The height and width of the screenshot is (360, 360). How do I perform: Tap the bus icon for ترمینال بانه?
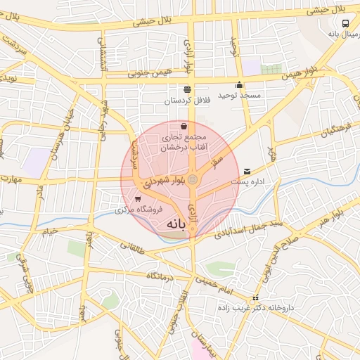345,23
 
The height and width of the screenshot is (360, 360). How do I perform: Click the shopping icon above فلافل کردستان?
187,90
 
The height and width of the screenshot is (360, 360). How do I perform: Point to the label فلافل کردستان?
187,101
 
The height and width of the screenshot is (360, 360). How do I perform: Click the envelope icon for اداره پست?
246,171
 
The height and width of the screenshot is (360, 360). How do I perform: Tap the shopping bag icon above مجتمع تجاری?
183,126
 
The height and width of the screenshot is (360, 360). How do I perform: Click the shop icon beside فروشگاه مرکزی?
127,199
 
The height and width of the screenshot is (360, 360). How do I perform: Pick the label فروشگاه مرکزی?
139,210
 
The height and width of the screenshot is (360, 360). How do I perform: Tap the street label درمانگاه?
160,276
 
